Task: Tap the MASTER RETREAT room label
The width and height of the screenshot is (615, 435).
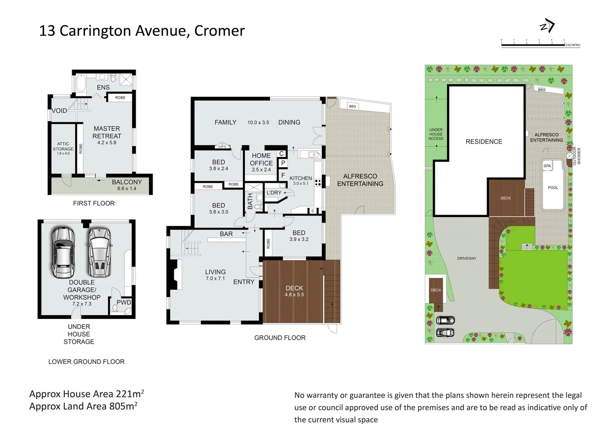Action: point(107,133)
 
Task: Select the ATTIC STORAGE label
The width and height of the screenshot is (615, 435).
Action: point(63,147)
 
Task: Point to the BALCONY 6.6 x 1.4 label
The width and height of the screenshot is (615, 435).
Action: point(126,185)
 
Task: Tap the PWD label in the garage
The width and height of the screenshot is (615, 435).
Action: point(124,302)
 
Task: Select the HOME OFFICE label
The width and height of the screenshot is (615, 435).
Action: point(261,159)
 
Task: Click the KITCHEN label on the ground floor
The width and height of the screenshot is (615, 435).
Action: point(300,178)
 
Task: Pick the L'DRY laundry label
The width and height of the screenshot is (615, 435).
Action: point(274,193)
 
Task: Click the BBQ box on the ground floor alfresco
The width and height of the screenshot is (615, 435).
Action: point(352,106)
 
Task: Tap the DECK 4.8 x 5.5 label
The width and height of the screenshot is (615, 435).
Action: point(294,291)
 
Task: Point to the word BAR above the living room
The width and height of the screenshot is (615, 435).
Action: point(226,234)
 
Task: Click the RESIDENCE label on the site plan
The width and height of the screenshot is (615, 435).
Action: point(484,142)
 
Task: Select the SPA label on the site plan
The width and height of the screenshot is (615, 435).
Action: point(547,166)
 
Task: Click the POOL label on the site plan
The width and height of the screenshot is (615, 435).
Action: point(553,188)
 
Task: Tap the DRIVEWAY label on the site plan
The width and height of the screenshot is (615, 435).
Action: point(466,259)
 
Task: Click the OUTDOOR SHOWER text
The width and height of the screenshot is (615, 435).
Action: point(577,156)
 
